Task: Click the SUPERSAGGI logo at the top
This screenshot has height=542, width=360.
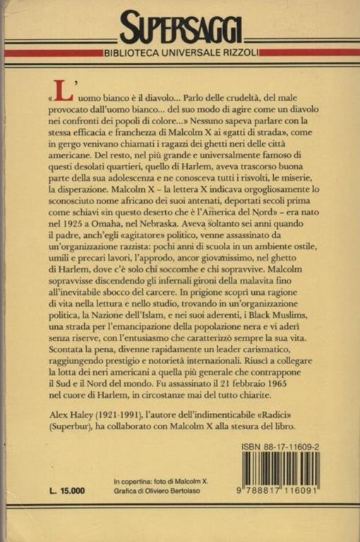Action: [x=181, y=30]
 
